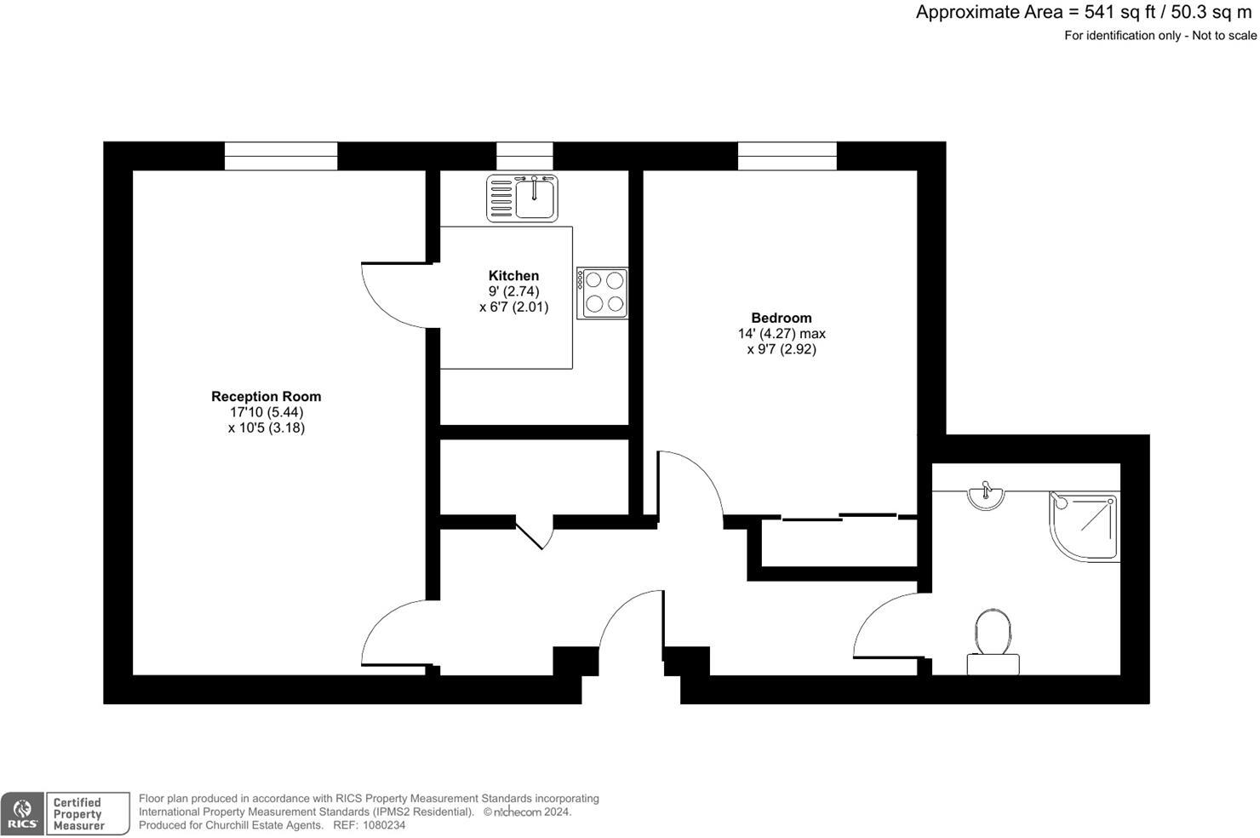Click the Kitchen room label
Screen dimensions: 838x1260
pyautogui.click(x=513, y=275)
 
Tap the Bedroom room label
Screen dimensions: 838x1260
pyautogui.click(x=781, y=318)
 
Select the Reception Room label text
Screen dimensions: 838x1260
pyautogui.click(x=266, y=396)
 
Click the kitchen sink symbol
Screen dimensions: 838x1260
pyautogui.click(x=522, y=198)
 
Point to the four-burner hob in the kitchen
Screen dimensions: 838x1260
pyautogui.click(x=603, y=293)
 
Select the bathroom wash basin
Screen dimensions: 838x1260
pyautogui.click(x=986, y=496)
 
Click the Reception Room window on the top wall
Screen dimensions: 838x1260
pyautogui.click(x=281, y=156)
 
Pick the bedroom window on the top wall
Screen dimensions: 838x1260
pyautogui.click(x=787, y=156)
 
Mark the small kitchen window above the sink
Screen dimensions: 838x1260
pyautogui.click(x=524, y=156)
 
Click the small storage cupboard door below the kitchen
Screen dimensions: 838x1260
pyautogui.click(x=534, y=532)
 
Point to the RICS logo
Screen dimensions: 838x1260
pyautogui.click(x=22, y=814)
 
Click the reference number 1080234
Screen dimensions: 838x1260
pyautogui.click(x=382, y=825)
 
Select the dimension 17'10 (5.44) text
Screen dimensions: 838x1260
pyautogui.click(x=266, y=412)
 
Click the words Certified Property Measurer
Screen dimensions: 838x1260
pyautogui.click(x=78, y=814)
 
